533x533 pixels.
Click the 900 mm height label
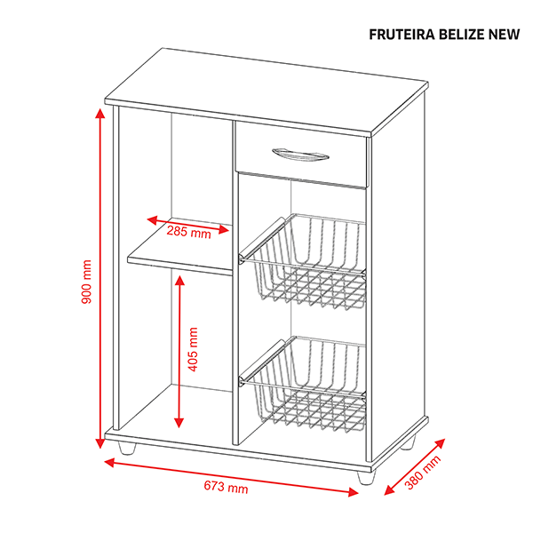pos(87,282)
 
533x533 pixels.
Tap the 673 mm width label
pos(226,487)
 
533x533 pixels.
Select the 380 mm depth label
pos(423,473)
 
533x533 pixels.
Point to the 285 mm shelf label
pos(188,232)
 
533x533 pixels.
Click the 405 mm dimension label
pos(193,349)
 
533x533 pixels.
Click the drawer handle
pos(300,155)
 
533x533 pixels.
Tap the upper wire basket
pos(303,262)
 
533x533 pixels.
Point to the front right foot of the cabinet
pos(366,478)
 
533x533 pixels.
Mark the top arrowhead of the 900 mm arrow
pos(99,113)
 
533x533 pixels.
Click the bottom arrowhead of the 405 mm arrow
pos(179,423)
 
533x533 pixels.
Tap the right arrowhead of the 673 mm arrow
pos(353,491)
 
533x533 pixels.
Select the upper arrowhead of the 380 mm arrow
pos(440,443)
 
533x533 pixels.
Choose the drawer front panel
pos(301,155)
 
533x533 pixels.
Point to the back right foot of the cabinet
pos(408,442)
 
